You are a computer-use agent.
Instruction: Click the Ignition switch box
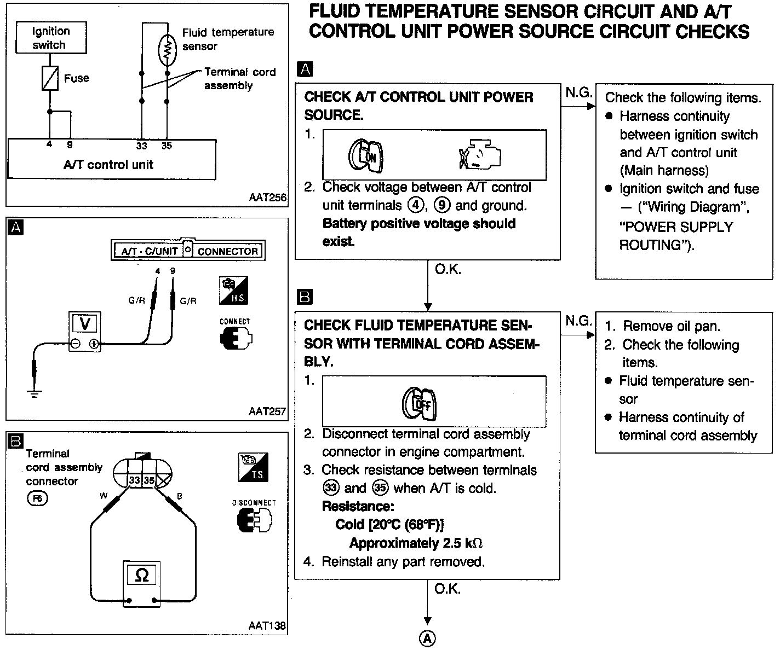click(50, 38)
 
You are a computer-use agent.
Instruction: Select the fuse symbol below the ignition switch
click(50, 78)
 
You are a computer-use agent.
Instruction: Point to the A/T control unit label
click(108, 164)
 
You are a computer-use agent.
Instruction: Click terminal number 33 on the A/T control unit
click(142, 146)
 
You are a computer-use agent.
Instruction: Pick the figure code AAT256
click(267, 198)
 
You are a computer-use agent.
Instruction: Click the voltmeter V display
click(85, 323)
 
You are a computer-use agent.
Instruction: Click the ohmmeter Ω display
click(141, 575)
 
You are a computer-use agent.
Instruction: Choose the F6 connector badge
click(37, 498)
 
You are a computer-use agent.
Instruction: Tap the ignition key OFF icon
click(420, 404)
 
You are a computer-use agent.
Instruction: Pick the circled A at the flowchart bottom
click(427, 638)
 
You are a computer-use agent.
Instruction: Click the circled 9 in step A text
click(442, 206)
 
